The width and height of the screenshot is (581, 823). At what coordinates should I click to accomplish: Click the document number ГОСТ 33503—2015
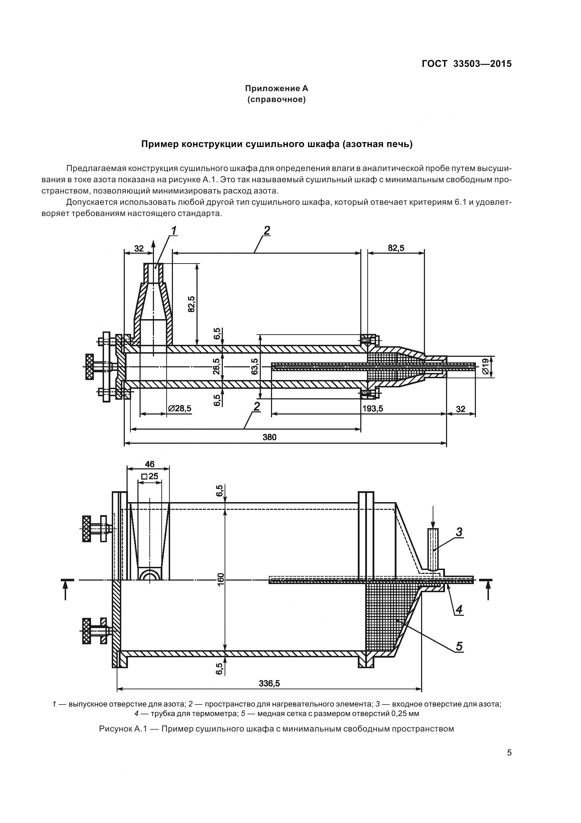(466, 64)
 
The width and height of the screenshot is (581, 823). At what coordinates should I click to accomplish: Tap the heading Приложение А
(276, 88)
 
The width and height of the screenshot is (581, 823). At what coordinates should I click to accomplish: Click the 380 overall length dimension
(270, 437)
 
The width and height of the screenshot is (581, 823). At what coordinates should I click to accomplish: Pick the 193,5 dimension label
(373, 408)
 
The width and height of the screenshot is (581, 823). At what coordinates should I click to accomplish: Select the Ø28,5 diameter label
(180, 408)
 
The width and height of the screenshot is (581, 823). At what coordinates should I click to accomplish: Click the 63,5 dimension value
(254, 366)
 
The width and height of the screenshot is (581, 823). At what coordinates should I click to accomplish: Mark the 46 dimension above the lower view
(150, 464)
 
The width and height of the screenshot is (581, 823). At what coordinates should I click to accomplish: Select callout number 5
(459, 646)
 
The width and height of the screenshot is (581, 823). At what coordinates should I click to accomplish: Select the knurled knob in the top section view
(89, 366)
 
